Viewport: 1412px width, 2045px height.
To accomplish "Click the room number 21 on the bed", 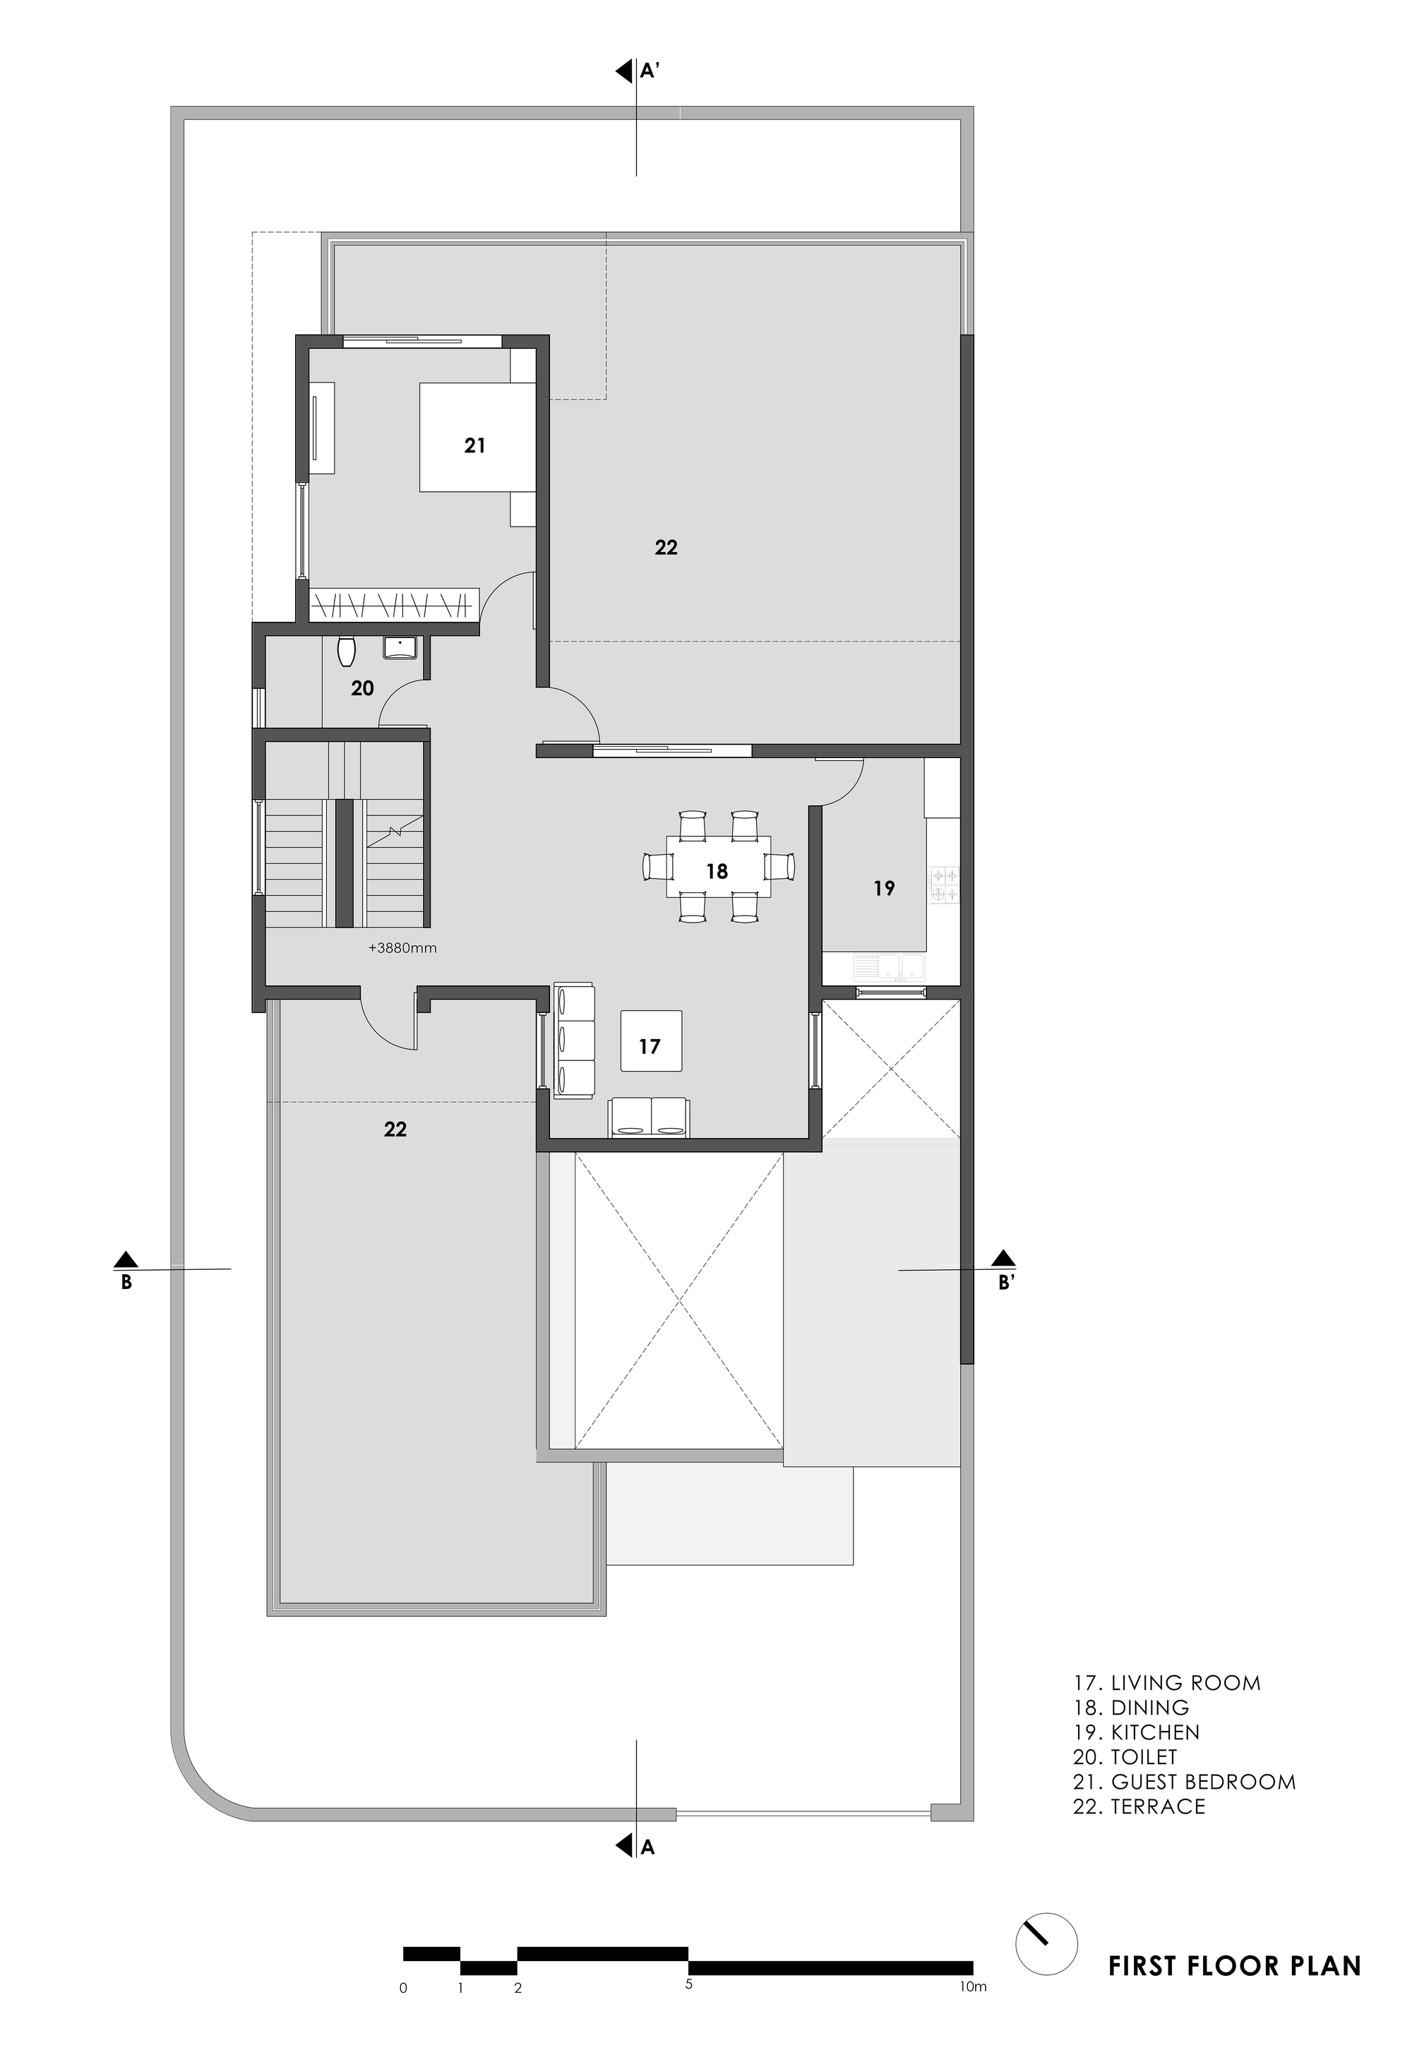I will pyautogui.click(x=475, y=446).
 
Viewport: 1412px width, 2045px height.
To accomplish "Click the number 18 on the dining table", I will pyautogui.click(x=717, y=871).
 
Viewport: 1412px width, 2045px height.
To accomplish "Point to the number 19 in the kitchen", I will pyautogui.click(x=884, y=888).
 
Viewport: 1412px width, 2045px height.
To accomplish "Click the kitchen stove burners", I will pyautogui.click(x=943, y=885).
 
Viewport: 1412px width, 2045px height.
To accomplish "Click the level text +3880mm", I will pyautogui.click(x=402, y=948).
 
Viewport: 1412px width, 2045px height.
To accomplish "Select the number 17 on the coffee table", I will pyautogui.click(x=650, y=1046).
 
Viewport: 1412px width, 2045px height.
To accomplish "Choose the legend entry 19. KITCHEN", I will pyautogui.click(x=1136, y=1732).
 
